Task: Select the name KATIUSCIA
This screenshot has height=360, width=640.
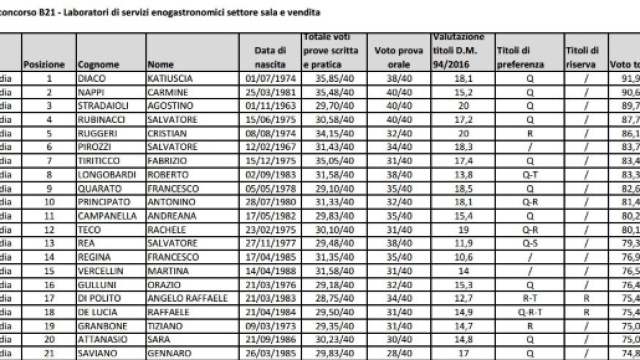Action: click(x=172, y=75)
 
